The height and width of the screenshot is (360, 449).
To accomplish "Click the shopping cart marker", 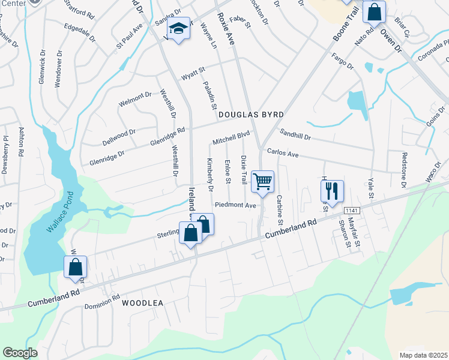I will [x=262, y=181].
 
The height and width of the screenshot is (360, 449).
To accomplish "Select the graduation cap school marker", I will [x=178, y=29].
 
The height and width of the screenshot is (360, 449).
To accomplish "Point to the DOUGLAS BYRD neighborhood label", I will [x=250, y=114].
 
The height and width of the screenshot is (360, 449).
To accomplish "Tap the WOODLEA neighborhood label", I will [x=143, y=304].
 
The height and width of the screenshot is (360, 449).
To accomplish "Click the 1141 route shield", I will [x=352, y=210].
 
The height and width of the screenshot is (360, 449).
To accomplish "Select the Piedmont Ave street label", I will [x=236, y=205].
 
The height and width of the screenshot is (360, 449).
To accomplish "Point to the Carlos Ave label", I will [x=283, y=154].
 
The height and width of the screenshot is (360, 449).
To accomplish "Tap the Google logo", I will [x=20, y=353].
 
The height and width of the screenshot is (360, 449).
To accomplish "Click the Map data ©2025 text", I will [x=424, y=355].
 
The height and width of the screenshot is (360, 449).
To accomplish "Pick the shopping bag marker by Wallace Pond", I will [x=76, y=268].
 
